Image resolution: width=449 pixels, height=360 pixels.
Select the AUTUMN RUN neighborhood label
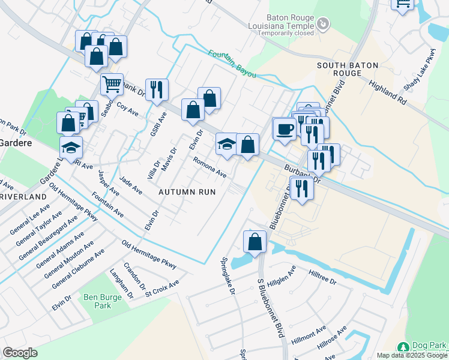tap(187, 192)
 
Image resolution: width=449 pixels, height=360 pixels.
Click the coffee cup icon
tap(284, 128)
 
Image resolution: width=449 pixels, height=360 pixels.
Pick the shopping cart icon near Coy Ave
tap(112, 85)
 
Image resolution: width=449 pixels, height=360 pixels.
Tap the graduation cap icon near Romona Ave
tap(226, 144)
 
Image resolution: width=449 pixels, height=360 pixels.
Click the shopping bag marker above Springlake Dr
tap(255, 242)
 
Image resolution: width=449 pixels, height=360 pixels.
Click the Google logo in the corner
tap(20, 353)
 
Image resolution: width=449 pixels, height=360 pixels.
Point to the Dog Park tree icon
tap(403, 347)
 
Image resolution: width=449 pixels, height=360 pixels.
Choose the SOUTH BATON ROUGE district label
tap(339, 69)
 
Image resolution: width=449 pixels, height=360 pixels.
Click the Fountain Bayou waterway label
tap(232, 63)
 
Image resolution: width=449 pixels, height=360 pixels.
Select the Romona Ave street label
tap(209, 167)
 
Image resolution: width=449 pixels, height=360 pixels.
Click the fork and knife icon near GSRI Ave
tap(156, 90)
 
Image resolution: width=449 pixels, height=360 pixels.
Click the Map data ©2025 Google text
tap(412, 355)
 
